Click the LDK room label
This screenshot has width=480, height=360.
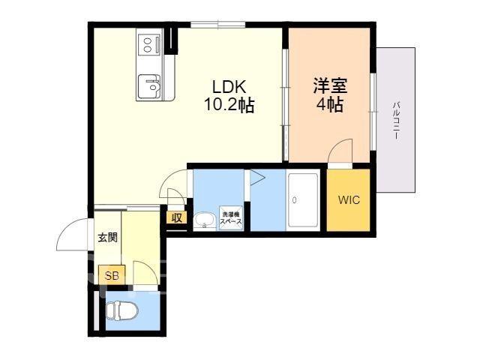229,87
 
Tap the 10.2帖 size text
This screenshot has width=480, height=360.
229,105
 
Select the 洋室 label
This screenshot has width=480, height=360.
330,85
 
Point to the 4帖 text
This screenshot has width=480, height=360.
330,105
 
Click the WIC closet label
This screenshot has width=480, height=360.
349,200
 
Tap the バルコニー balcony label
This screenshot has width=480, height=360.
396,121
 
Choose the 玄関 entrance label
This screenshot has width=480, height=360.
108,237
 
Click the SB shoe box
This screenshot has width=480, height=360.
112,275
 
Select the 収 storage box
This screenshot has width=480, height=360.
177,217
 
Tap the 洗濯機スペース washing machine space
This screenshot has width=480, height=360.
231,218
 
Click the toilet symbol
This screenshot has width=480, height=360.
121,310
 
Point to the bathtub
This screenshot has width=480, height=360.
303,201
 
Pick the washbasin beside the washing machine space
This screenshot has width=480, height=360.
205,220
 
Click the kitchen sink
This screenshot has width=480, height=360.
149,86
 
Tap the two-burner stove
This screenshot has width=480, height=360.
149,45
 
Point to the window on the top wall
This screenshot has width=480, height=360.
218,25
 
